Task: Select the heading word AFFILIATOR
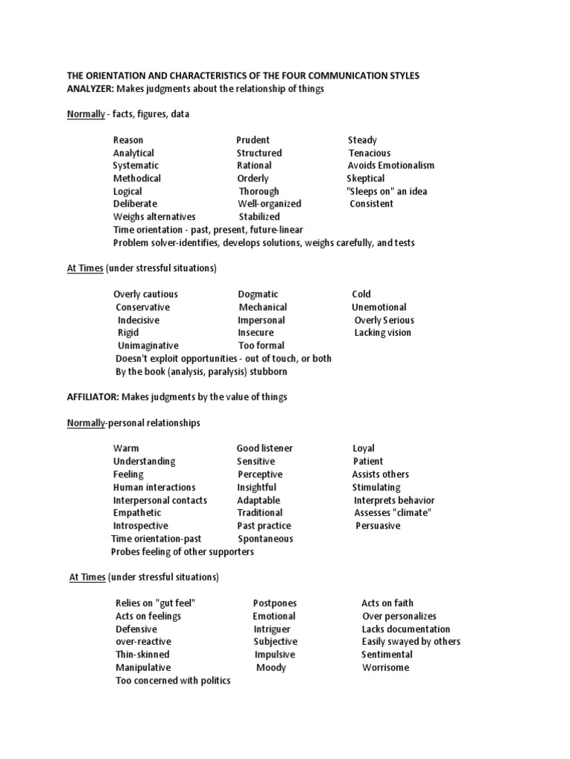click(x=93, y=397)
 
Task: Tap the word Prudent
click(x=253, y=140)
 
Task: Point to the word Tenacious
click(x=370, y=153)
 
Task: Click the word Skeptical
click(x=366, y=179)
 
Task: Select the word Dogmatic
click(x=258, y=294)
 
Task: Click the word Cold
click(x=361, y=294)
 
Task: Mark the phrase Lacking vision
click(x=383, y=333)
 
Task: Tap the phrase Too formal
click(x=261, y=345)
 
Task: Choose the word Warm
click(x=126, y=448)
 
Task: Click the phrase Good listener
click(x=265, y=448)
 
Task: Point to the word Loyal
click(x=364, y=448)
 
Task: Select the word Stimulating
click(x=376, y=487)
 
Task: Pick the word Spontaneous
click(x=266, y=539)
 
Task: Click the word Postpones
click(x=275, y=603)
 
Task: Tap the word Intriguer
click(x=272, y=629)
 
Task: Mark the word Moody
click(x=271, y=668)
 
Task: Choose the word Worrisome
click(x=385, y=668)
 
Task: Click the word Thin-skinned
click(x=142, y=654)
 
